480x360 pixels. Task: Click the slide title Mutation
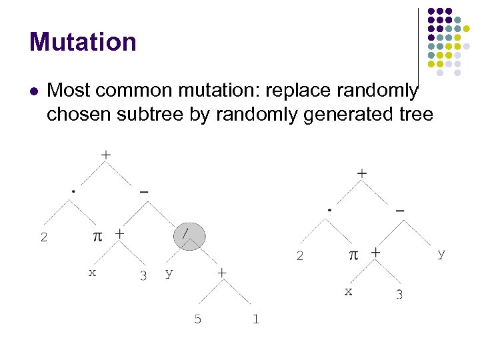pyautogui.click(x=83, y=42)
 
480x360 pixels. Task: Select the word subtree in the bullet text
pyautogui.click(x=151, y=115)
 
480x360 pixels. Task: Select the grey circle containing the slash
pyautogui.click(x=189, y=236)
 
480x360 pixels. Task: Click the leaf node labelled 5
pyautogui.click(x=197, y=319)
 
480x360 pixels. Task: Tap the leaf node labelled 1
pyautogui.click(x=255, y=319)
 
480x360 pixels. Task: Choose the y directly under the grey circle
pyautogui.click(x=169, y=273)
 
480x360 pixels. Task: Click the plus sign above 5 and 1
pyautogui.click(x=221, y=273)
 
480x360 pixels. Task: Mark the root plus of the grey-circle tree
pyautogui.click(x=105, y=154)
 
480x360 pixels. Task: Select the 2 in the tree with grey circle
pyautogui.click(x=44, y=237)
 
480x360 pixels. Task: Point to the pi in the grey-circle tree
pyautogui.click(x=97, y=236)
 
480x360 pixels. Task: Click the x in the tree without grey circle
pyautogui.click(x=348, y=291)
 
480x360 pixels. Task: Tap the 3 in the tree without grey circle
pyautogui.click(x=399, y=294)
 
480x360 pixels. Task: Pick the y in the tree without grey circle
pyautogui.click(x=441, y=253)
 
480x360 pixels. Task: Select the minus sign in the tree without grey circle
pyautogui.click(x=399, y=209)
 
